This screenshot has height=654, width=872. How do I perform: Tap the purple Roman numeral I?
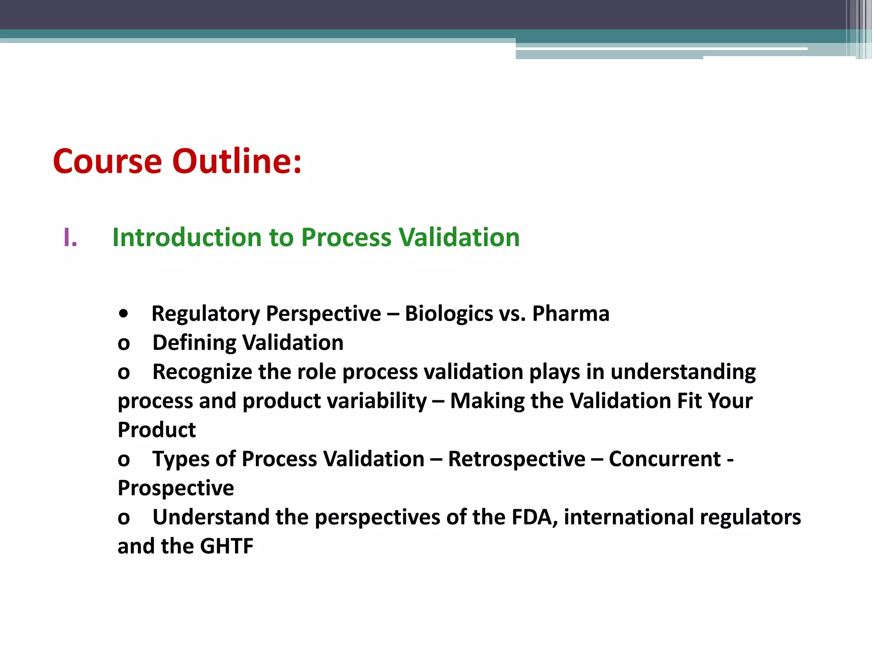pyautogui.click(x=70, y=238)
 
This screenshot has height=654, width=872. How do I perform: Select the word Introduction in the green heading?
pyautogui.click(x=187, y=237)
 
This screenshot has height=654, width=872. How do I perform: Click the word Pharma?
pyautogui.click(x=571, y=314)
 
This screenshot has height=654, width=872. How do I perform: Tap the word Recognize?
pyautogui.click(x=202, y=372)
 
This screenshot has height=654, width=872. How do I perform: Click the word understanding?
pyautogui.click(x=683, y=372)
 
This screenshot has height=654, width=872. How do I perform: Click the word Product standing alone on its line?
pyautogui.click(x=157, y=430)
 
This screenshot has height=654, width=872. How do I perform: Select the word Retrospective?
pyautogui.click(x=516, y=459)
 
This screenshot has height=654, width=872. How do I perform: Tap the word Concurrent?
pyautogui.click(x=665, y=459)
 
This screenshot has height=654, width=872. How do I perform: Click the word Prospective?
pyautogui.click(x=175, y=488)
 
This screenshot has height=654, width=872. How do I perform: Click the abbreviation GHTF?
pyautogui.click(x=227, y=546)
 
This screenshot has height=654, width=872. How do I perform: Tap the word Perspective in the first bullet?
pyautogui.click(x=324, y=314)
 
